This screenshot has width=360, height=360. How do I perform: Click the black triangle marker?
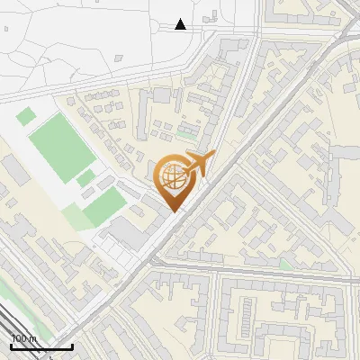click(x=181, y=24)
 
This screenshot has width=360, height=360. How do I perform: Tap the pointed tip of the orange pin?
click(x=174, y=212)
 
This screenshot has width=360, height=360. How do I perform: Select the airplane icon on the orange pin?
click(x=198, y=163)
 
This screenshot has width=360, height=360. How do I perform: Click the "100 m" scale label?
click(x=24, y=338)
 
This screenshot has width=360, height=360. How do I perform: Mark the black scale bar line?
click(x=41, y=346)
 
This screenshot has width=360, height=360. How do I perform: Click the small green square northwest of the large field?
click(x=26, y=116)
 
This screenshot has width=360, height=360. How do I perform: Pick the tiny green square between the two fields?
click(x=85, y=178)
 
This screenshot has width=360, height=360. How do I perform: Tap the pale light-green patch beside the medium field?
click(x=76, y=216)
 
